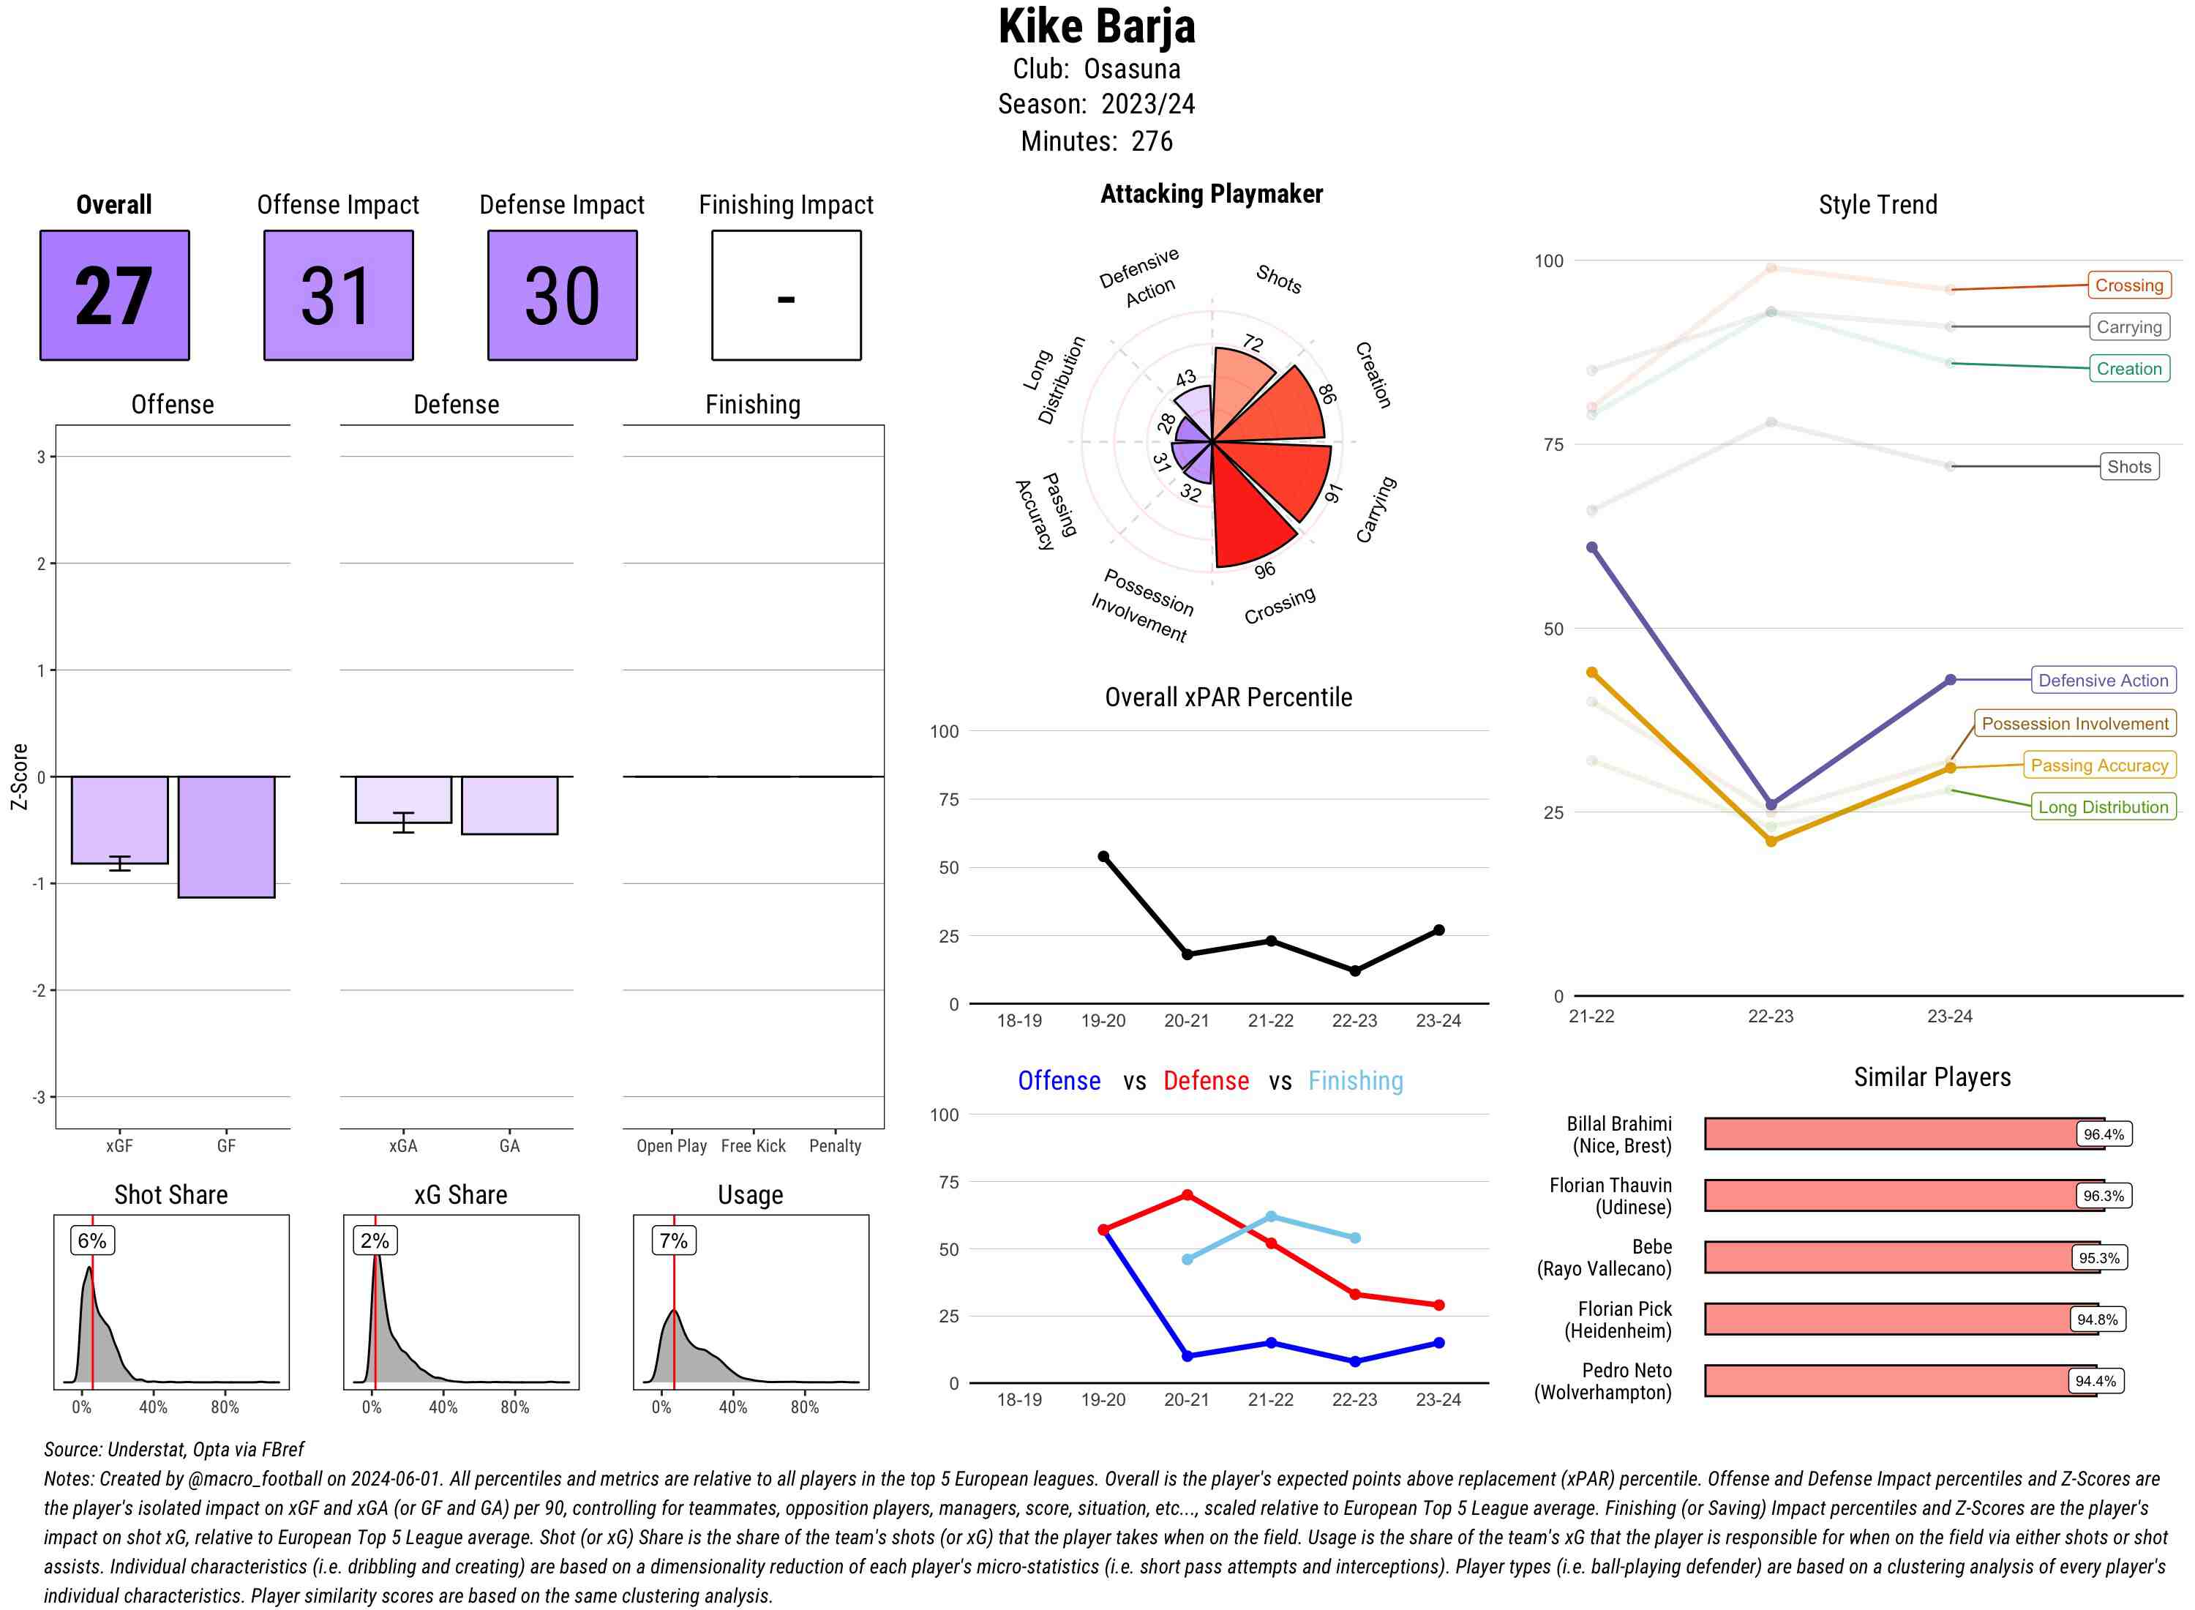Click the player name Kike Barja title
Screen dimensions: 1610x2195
click(x=1096, y=27)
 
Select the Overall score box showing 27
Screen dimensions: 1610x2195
click(x=114, y=296)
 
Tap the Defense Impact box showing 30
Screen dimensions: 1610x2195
click(x=562, y=296)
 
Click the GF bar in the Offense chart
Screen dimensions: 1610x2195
click(x=226, y=836)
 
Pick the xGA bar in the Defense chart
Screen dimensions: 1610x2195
click(x=403, y=799)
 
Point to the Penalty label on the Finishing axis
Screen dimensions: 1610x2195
click(x=835, y=1146)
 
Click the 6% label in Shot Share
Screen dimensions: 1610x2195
click(x=92, y=1240)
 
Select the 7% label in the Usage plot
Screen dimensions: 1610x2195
click(x=673, y=1240)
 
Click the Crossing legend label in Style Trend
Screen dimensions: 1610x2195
click(x=2128, y=285)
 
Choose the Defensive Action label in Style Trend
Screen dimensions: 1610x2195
click(x=2103, y=681)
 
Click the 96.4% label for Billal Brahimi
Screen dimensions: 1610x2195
click(x=2104, y=1134)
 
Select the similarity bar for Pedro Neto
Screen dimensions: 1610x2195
click(x=1900, y=1381)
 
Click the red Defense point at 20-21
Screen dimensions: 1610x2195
click(x=1187, y=1195)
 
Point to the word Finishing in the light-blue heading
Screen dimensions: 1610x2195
click(x=1355, y=1081)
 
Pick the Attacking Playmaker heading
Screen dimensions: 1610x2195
click(x=1211, y=194)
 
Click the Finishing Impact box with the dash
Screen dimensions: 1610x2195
click(x=787, y=296)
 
